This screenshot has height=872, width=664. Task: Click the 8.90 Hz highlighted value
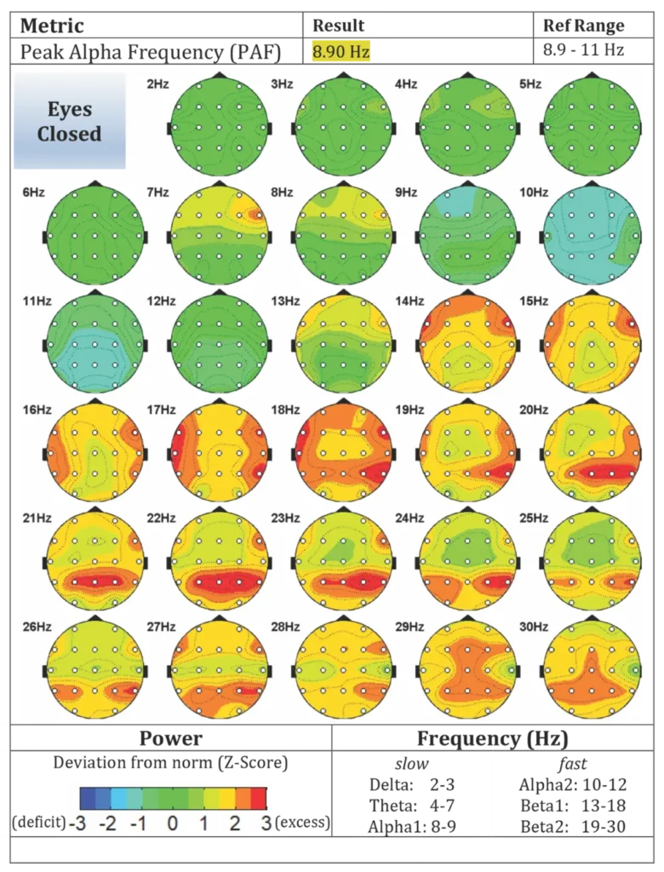click(341, 52)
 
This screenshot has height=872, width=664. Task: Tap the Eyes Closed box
click(69, 121)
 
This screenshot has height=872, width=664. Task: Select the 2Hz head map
click(220, 127)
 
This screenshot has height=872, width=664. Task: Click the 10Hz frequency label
click(534, 192)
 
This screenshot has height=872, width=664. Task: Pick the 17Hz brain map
click(220, 452)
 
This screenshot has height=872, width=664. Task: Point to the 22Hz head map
click(220, 561)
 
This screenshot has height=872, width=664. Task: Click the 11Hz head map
click(95, 344)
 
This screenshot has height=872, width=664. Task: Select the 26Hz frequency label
click(37, 627)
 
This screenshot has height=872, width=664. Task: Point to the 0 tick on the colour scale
click(173, 823)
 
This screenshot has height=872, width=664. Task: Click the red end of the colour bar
click(259, 798)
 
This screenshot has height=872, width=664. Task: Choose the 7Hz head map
click(220, 236)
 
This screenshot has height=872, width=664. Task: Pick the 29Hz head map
click(467, 669)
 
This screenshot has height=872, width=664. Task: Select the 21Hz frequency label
click(37, 518)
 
